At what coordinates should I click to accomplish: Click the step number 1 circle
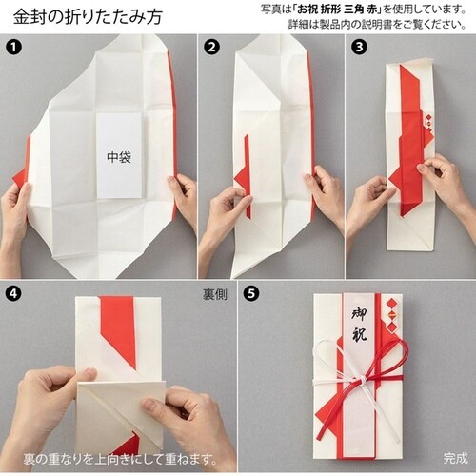coord(13,48)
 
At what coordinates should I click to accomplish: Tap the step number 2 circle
coord(211,48)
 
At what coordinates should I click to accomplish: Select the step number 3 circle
coord(359,48)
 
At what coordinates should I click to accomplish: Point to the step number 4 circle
coord(13,293)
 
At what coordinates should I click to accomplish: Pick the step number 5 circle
coord(250,293)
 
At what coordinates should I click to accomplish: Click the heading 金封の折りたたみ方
coord(88,16)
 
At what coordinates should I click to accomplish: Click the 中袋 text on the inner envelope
coord(119,157)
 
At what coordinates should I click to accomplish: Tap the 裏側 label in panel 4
coord(215,295)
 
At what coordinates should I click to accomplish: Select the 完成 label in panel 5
coord(455,458)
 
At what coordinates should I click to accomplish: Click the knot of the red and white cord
coord(362,379)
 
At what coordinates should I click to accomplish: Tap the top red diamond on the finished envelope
coord(392,303)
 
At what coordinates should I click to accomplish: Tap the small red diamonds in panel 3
coord(428,123)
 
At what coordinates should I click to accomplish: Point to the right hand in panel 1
coord(183,197)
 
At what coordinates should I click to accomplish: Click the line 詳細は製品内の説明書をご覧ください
coord(377,24)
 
